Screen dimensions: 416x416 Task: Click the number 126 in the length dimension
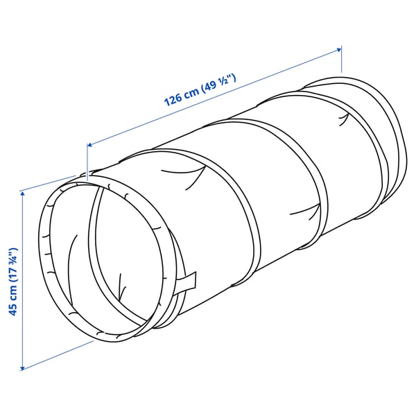(x=172, y=98)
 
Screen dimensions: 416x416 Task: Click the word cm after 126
(x=191, y=92)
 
